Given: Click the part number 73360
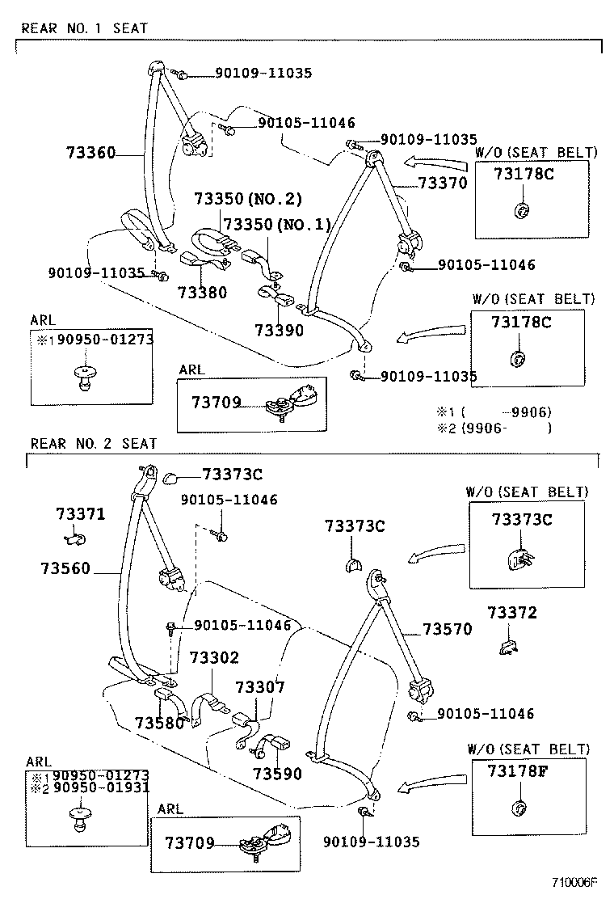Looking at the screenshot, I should (x=90, y=152).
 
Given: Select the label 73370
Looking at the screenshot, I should (x=442, y=184).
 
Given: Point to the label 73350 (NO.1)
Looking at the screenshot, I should (x=276, y=224).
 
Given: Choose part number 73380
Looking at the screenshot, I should (x=203, y=293).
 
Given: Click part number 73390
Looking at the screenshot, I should (x=279, y=330).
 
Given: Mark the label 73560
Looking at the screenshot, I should (x=66, y=569).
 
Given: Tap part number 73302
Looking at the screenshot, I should (x=214, y=659).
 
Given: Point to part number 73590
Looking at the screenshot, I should (x=277, y=774).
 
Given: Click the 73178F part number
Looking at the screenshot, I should (x=518, y=770).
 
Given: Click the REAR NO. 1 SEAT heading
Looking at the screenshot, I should (x=84, y=28).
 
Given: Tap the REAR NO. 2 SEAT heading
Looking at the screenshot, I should (x=94, y=444).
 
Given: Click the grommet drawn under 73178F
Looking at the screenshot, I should (x=519, y=808).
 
